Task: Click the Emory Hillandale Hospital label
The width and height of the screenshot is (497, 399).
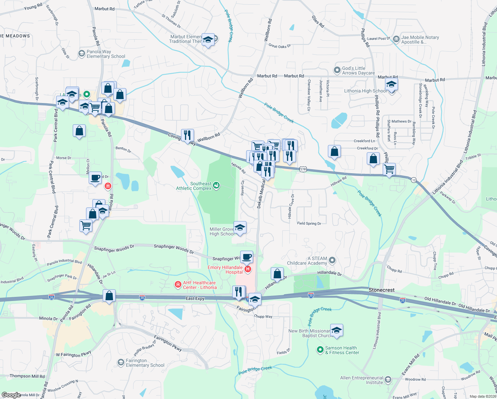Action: tap(225, 270)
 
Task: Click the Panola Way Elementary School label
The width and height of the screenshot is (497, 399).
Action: tap(106, 54)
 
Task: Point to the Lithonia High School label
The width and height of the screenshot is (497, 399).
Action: tap(365, 91)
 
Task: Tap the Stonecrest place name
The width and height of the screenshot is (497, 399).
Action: tap(382, 290)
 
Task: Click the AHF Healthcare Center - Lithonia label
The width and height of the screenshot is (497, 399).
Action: tap(200, 285)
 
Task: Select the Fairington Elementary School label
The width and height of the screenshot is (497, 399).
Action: tap(145, 363)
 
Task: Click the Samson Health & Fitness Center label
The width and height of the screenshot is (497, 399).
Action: tap(342, 350)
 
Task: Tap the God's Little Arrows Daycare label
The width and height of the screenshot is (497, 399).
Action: tap(358, 70)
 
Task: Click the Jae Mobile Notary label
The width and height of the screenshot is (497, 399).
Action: tap(420, 40)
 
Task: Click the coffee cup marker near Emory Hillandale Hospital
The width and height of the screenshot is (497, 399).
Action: tap(247, 257)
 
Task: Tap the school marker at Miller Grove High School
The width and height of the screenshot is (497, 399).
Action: tap(240, 228)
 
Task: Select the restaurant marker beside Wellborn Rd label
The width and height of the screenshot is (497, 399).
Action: tap(188, 135)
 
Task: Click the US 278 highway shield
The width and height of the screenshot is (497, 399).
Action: tap(303, 170)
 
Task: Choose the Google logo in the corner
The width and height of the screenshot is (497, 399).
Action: tap(11, 395)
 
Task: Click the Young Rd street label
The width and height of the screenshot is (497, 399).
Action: tap(33, 7)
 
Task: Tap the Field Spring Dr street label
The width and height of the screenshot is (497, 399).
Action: tap(309, 223)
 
